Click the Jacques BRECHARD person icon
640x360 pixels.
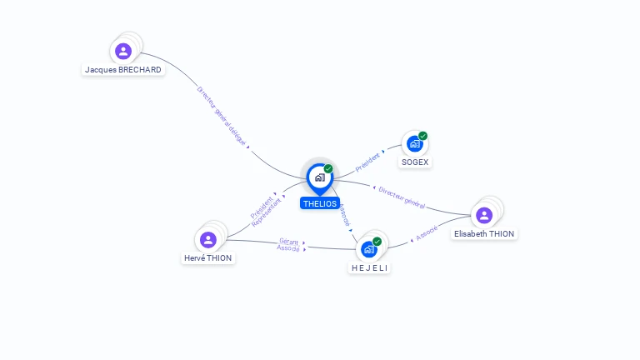click(123, 52)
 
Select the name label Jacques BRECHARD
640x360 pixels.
click(123, 70)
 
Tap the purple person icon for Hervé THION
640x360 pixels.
click(208, 240)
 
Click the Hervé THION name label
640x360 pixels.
click(208, 258)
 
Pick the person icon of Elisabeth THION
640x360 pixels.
click(484, 216)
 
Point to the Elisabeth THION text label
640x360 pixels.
click(484, 234)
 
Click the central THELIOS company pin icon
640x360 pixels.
click(319, 177)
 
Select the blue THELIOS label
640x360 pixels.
click(320, 203)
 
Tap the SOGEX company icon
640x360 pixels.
click(414, 144)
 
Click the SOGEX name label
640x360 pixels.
click(415, 162)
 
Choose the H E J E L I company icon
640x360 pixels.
click(368, 249)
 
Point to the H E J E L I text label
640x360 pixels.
click(369, 267)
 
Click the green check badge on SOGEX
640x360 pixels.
click(423, 136)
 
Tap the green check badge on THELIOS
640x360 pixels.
click(328, 168)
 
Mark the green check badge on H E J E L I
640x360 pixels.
click(377, 241)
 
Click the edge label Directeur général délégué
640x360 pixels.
click(222, 116)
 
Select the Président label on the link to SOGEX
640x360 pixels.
click(367, 162)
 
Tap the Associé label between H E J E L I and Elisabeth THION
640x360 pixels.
click(427, 235)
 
